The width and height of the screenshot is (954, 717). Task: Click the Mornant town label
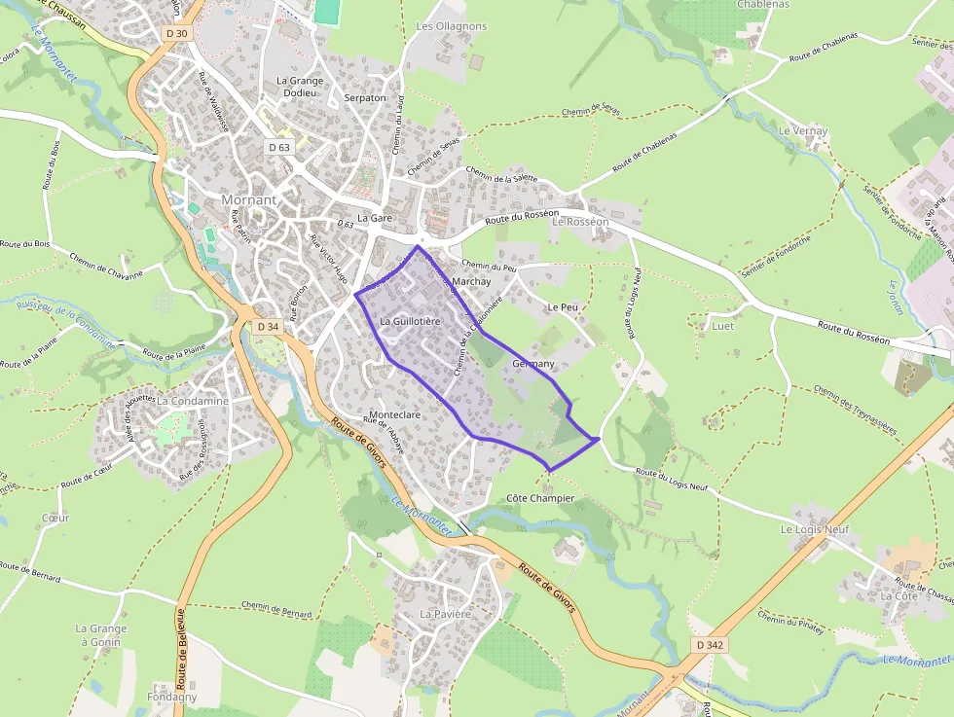pos(249,199)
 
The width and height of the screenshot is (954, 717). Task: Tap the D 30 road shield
pos(176,33)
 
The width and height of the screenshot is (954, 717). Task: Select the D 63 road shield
pos(279,147)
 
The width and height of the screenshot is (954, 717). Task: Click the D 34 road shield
pos(266,327)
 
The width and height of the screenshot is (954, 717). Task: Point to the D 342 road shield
pos(711,645)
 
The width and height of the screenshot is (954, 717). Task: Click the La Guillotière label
pos(411,320)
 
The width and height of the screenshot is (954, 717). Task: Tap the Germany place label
pos(532,364)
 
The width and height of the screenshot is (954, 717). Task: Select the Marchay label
pos(472,281)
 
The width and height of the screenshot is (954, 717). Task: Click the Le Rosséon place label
pos(580,222)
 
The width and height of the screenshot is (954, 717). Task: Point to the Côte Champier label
pos(541,498)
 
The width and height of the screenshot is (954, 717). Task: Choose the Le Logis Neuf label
pos(815,529)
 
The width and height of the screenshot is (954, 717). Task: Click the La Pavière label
pos(445,614)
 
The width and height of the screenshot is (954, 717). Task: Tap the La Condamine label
pos(193,400)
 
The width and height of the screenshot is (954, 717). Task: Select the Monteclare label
pos(395,414)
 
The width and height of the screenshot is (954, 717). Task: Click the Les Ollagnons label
pos(452,26)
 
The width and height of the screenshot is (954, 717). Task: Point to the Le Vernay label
pos(803,130)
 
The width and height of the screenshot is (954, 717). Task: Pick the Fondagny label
pos(171,697)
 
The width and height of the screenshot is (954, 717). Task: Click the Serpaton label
pos(365,98)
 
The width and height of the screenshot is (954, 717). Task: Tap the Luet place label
pos(723,326)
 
